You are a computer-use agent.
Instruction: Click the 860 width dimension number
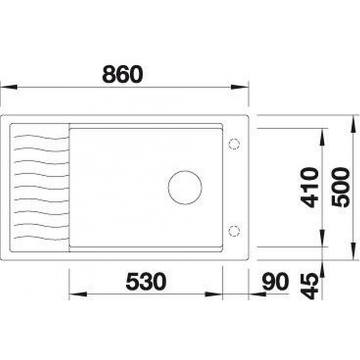[x=122, y=75]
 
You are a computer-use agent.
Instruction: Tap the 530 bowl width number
[x=146, y=281]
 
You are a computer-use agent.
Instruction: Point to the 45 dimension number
[x=310, y=286]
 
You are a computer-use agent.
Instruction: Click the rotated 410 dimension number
[x=310, y=188]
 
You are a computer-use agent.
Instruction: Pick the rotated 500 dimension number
[x=341, y=188]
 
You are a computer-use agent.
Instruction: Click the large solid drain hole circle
[x=185, y=188]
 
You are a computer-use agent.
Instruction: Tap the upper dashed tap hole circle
[x=234, y=144]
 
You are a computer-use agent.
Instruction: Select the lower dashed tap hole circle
[x=234, y=230]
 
